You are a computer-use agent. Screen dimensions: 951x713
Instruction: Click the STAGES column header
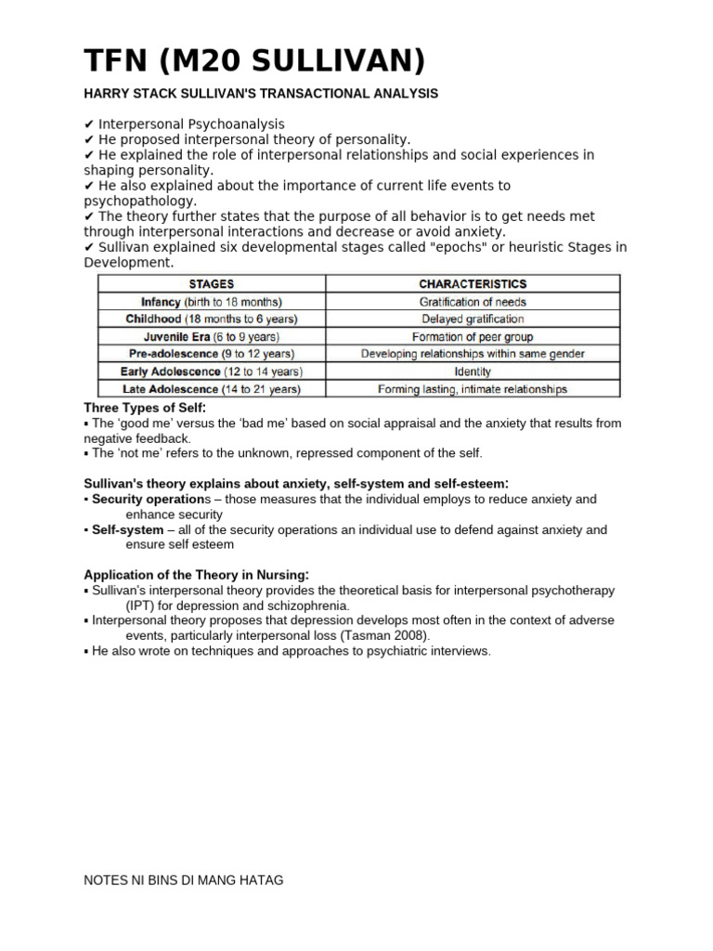tap(212, 284)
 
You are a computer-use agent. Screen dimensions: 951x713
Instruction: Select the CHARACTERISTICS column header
tap(473, 284)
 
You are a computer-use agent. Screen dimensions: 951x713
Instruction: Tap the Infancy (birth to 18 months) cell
tap(212, 302)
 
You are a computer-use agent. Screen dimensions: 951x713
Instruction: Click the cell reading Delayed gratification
tap(473, 319)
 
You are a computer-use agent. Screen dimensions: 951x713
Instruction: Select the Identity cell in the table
tap(473, 371)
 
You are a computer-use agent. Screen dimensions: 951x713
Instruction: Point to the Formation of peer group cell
tap(473, 337)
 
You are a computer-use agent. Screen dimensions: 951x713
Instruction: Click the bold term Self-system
tap(127, 529)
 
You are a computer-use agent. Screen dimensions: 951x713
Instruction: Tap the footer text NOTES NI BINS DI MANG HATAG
tap(184, 879)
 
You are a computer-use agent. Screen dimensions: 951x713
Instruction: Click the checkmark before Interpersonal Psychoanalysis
tap(89, 124)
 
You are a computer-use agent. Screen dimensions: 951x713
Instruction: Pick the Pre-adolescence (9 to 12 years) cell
tap(212, 354)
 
